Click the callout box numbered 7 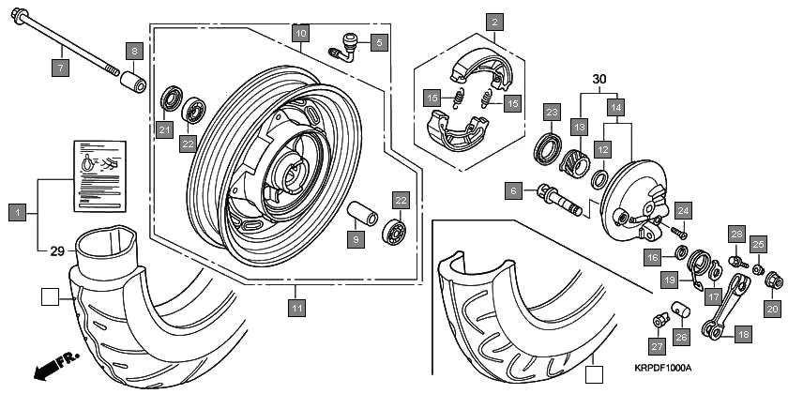point(58,68)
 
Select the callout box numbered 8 point(135,51)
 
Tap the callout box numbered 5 point(378,42)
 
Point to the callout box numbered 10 point(298,34)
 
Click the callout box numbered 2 point(494,21)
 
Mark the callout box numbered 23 point(551,113)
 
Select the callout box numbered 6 point(512,191)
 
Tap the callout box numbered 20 point(772,308)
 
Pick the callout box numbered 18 point(743,334)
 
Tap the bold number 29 point(56,250)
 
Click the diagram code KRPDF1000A point(661,368)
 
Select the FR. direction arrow point(53,368)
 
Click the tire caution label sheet point(99,175)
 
